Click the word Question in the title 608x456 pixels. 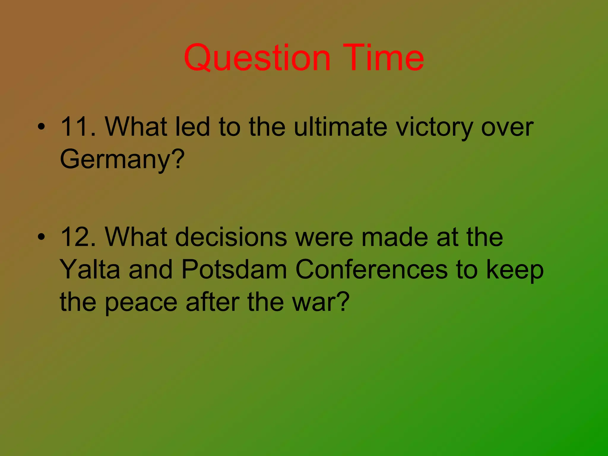click(257, 58)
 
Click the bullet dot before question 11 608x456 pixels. click(42, 127)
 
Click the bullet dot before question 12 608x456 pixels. click(42, 237)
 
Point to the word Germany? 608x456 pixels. click(122, 159)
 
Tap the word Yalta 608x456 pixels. click(90, 269)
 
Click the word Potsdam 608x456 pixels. click(234, 269)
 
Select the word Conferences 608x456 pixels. click(371, 269)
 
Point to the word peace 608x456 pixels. click(141, 302)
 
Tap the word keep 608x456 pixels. click(515, 270)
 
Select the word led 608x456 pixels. click(193, 127)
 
